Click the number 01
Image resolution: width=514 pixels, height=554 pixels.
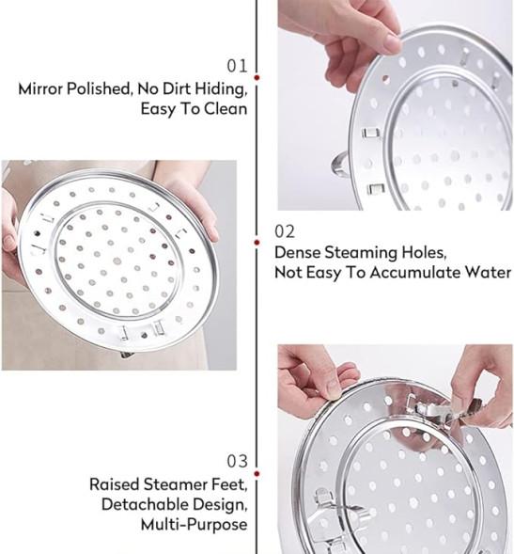coord(237,66)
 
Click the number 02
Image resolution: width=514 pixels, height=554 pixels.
coord(285,231)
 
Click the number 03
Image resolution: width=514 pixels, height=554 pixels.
coord(237,462)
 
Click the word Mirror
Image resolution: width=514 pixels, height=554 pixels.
coord(40,88)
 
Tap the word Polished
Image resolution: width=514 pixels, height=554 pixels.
coord(100,89)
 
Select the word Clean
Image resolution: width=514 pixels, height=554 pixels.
coord(226,108)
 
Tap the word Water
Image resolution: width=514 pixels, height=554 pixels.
coord(488,273)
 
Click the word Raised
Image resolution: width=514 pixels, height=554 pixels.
coord(114,484)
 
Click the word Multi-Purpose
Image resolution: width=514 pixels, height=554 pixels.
coord(195,524)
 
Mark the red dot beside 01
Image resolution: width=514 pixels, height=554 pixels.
coord(257,77)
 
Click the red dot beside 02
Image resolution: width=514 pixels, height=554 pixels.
coord(257,243)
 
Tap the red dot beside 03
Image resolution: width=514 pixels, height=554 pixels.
coord(257,474)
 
